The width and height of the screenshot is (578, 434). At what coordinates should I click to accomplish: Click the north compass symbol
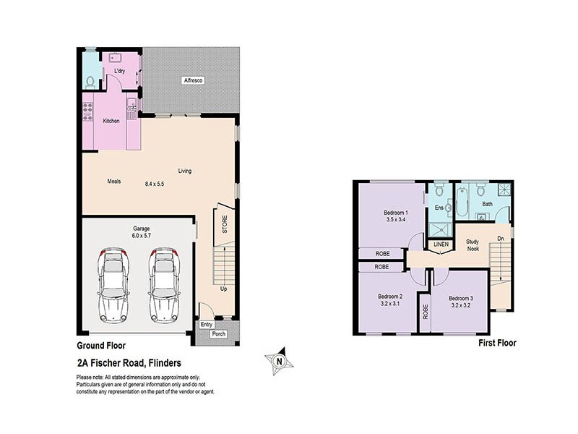tap(280, 360)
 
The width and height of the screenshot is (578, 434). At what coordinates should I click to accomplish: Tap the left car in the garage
tap(112, 284)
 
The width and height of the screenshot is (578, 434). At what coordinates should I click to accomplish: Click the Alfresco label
tap(191, 79)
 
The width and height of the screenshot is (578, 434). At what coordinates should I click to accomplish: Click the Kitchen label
tap(111, 120)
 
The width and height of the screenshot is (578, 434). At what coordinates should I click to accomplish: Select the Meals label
tap(113, 181)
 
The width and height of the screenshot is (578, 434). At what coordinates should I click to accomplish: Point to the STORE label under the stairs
tap(224, 224)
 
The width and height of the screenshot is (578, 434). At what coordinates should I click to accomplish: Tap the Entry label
tap(207, 324)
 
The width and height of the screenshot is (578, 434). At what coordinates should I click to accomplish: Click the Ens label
tap(439, 208)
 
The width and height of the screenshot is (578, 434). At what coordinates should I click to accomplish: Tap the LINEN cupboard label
tap(441, 244)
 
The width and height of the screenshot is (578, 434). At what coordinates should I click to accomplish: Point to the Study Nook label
tap(473, 245)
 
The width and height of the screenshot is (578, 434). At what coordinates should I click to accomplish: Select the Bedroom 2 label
tap(390, 296)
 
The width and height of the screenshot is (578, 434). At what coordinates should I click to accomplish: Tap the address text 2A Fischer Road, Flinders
tap(129, 363)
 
